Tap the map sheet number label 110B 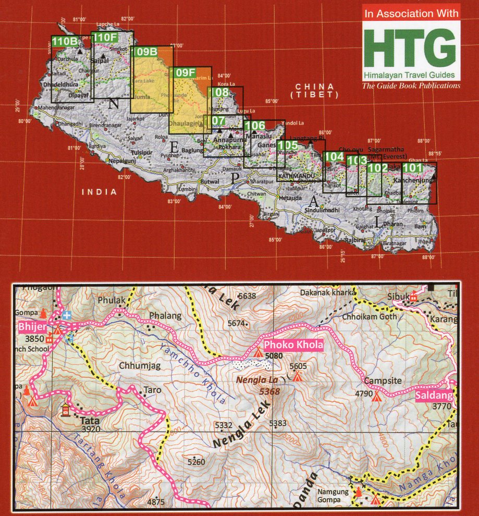pyautogui.click(x=65, y=41)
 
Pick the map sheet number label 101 pyautogui.click(x=412, y=168)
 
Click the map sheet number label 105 pyautogui.click(x=287, y=145)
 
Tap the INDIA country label pyautogui.click(x=99, y=192)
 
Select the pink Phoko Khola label pyautogui.click(x=294, y=345)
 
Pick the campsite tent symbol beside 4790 pyautogui.click(x=376, y=396)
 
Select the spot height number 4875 pyautogui.click(x=156, y=502)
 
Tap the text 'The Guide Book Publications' pyautogui.click(x=411, y=85)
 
